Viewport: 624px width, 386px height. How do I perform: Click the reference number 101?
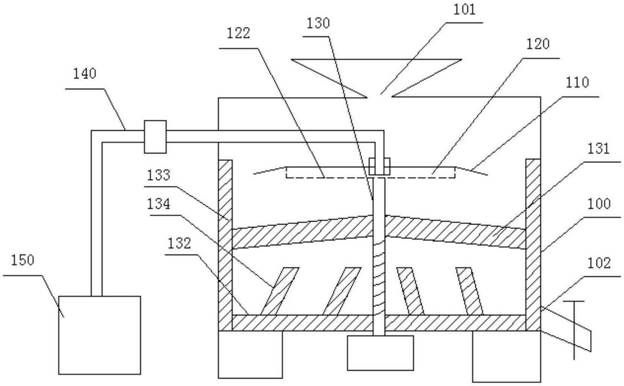coord(465,10)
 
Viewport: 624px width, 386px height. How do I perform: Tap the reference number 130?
coord(318,23)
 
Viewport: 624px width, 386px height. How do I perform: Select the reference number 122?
coord(238,34)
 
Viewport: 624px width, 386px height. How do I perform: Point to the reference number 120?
coord(537,44)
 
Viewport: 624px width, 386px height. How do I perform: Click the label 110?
coord(577,82)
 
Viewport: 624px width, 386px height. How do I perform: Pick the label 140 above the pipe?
coord(85,74)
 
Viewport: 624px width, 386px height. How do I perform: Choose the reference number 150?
coord(22,260)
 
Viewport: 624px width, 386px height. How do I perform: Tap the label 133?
coord(158,175)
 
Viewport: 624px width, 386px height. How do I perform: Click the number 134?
coord(158,204)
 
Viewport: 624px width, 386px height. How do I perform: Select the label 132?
coord(179,243)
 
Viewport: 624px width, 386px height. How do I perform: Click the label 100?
coord(599,204)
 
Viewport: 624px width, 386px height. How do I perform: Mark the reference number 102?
coord(599,263)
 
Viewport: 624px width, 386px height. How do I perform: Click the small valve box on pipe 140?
coord(155,137)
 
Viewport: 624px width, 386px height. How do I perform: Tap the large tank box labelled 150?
coord(99,335)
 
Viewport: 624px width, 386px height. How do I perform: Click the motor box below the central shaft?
coord(380,353)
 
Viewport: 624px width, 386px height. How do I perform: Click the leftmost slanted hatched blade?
coord(279,291)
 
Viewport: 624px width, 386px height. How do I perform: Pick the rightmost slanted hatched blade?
coord(469,291)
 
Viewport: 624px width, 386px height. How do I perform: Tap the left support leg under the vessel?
coord(250,354)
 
